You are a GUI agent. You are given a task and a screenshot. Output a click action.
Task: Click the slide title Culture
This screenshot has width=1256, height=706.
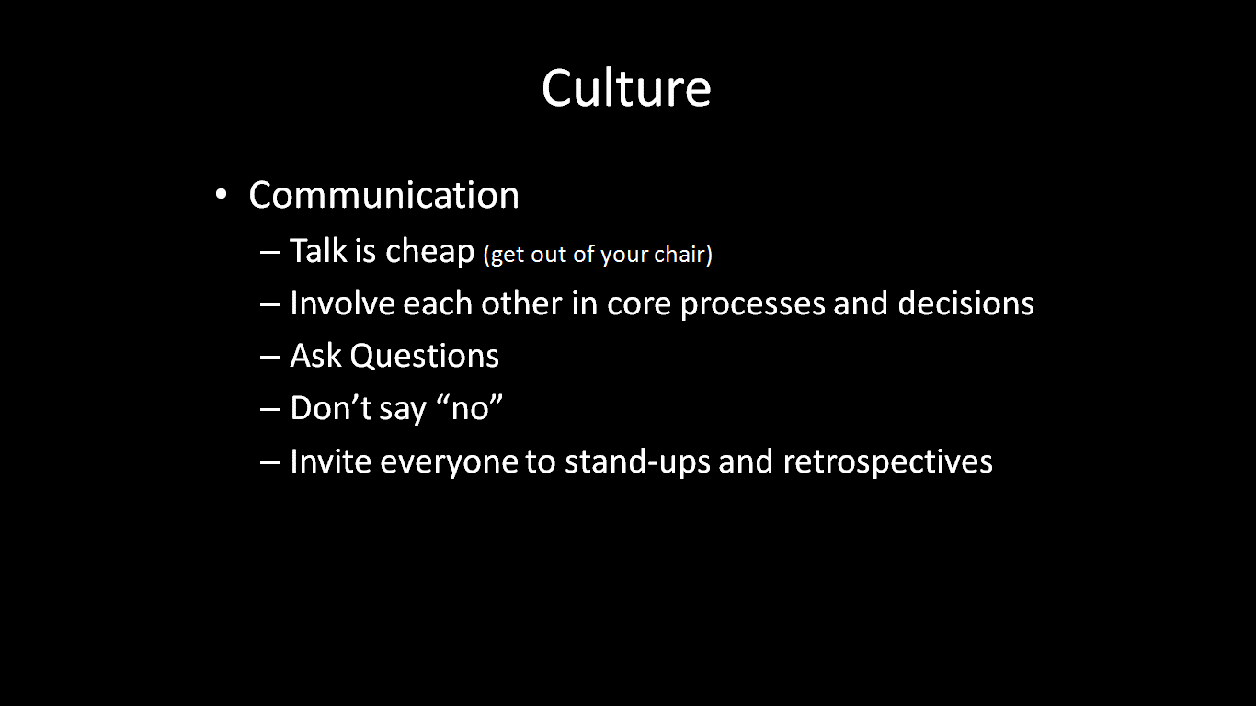pos(626,88)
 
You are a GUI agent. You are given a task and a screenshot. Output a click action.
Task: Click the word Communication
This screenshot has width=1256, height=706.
pos(384,195)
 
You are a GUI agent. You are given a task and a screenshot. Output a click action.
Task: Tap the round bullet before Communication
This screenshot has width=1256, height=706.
pos(221,195)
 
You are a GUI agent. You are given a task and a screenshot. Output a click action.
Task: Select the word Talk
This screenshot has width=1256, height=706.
pos(318,250)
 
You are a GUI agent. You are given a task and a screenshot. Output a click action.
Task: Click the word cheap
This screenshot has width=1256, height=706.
pos(430,251)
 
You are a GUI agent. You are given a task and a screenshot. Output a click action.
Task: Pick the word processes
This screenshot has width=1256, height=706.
pos(752,305)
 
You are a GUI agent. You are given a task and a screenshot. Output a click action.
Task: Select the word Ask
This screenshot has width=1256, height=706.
pos(315,356)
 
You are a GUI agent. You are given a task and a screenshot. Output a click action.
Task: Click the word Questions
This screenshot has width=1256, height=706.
pos(425,356)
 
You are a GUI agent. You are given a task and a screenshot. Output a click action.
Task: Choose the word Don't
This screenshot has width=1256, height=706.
pos(331,407)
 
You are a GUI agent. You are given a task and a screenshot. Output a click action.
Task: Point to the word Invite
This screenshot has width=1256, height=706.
pos(331,461)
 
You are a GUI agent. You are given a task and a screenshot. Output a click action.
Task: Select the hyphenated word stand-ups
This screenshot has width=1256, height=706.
pos(637,462)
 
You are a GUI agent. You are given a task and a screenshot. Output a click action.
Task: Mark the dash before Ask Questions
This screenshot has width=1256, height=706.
pos(270,358)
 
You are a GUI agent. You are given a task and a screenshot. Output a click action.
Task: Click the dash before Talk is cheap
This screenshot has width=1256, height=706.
pos(270,253)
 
